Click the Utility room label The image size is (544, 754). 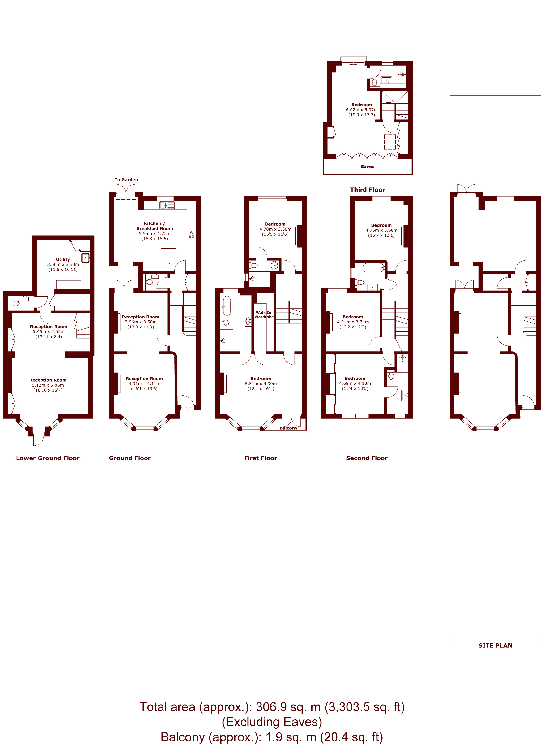pyautogui.click(x=63, y=259)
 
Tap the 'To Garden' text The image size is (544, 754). pyautogui.click(x=126, y=180)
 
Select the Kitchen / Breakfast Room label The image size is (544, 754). pyautogui.click(x=155, y=226)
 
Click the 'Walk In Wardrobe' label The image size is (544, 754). pyautogui.click(x=264, y=314)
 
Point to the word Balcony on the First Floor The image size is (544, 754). pyautogui.click(x=288, y=428)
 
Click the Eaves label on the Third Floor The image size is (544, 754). pyautogui.click(x=367, y=166)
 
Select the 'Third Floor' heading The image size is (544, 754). pyautogui.click(x=367, y=190)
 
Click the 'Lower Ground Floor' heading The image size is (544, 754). pyautogui.click(x=48, y=458)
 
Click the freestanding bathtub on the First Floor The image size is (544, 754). pyautogui.click(x=227, y=306)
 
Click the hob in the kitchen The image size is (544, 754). pyautogui.click(x=191, y=233)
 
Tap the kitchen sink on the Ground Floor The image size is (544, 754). pyautogui.click(x=167, y=205)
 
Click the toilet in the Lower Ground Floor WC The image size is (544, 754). pyautogui.click(x=16, y=303)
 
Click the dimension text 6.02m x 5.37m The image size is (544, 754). pyautogui.click(x=362, y=110)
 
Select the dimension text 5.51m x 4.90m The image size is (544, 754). pyautogui.click(x=261, y=384)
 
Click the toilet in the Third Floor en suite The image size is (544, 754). pyautogui.click(x=374, y=82)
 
